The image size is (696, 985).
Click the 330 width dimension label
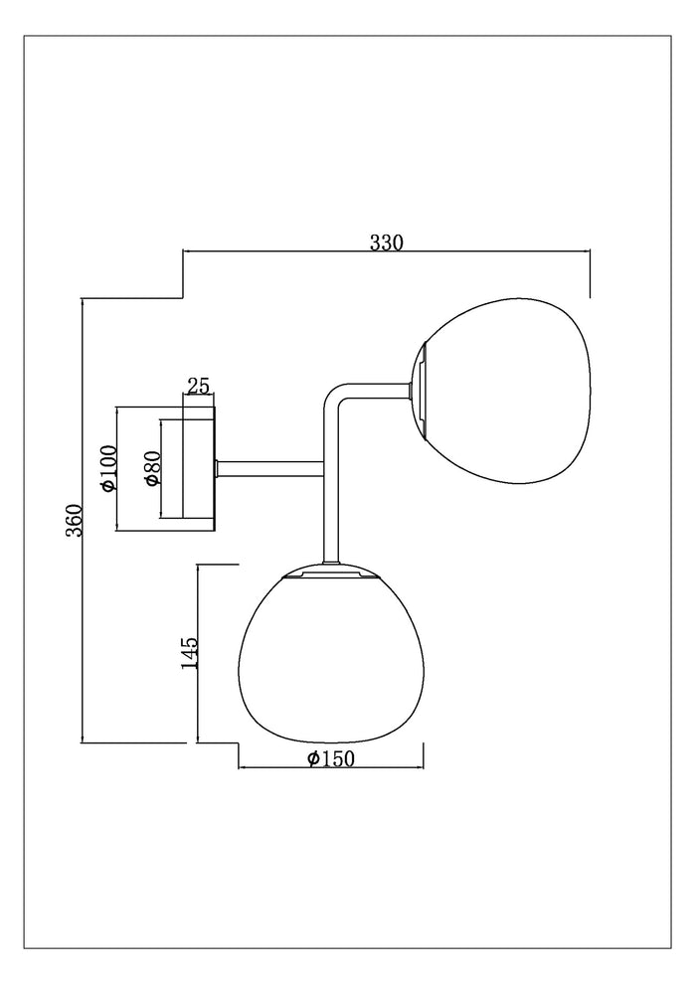[x=386, y=243]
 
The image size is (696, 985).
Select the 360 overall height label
[x=75, y=520]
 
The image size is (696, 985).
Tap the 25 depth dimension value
[x=198, y=386]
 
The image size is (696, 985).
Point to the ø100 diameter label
[x=108, y=468]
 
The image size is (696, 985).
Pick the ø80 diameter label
[x=153, y=468]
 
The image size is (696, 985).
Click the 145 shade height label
[x=189, y=653]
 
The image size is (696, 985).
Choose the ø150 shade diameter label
[x=331, y=758]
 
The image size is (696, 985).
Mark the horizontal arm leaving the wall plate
[x=268, y=468]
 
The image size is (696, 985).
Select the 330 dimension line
[x=387, y=251]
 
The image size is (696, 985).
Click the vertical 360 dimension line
[x=83, y=520]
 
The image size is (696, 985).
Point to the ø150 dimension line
[x=331, y=767]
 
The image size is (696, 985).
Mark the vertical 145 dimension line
[x=199, y=653]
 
